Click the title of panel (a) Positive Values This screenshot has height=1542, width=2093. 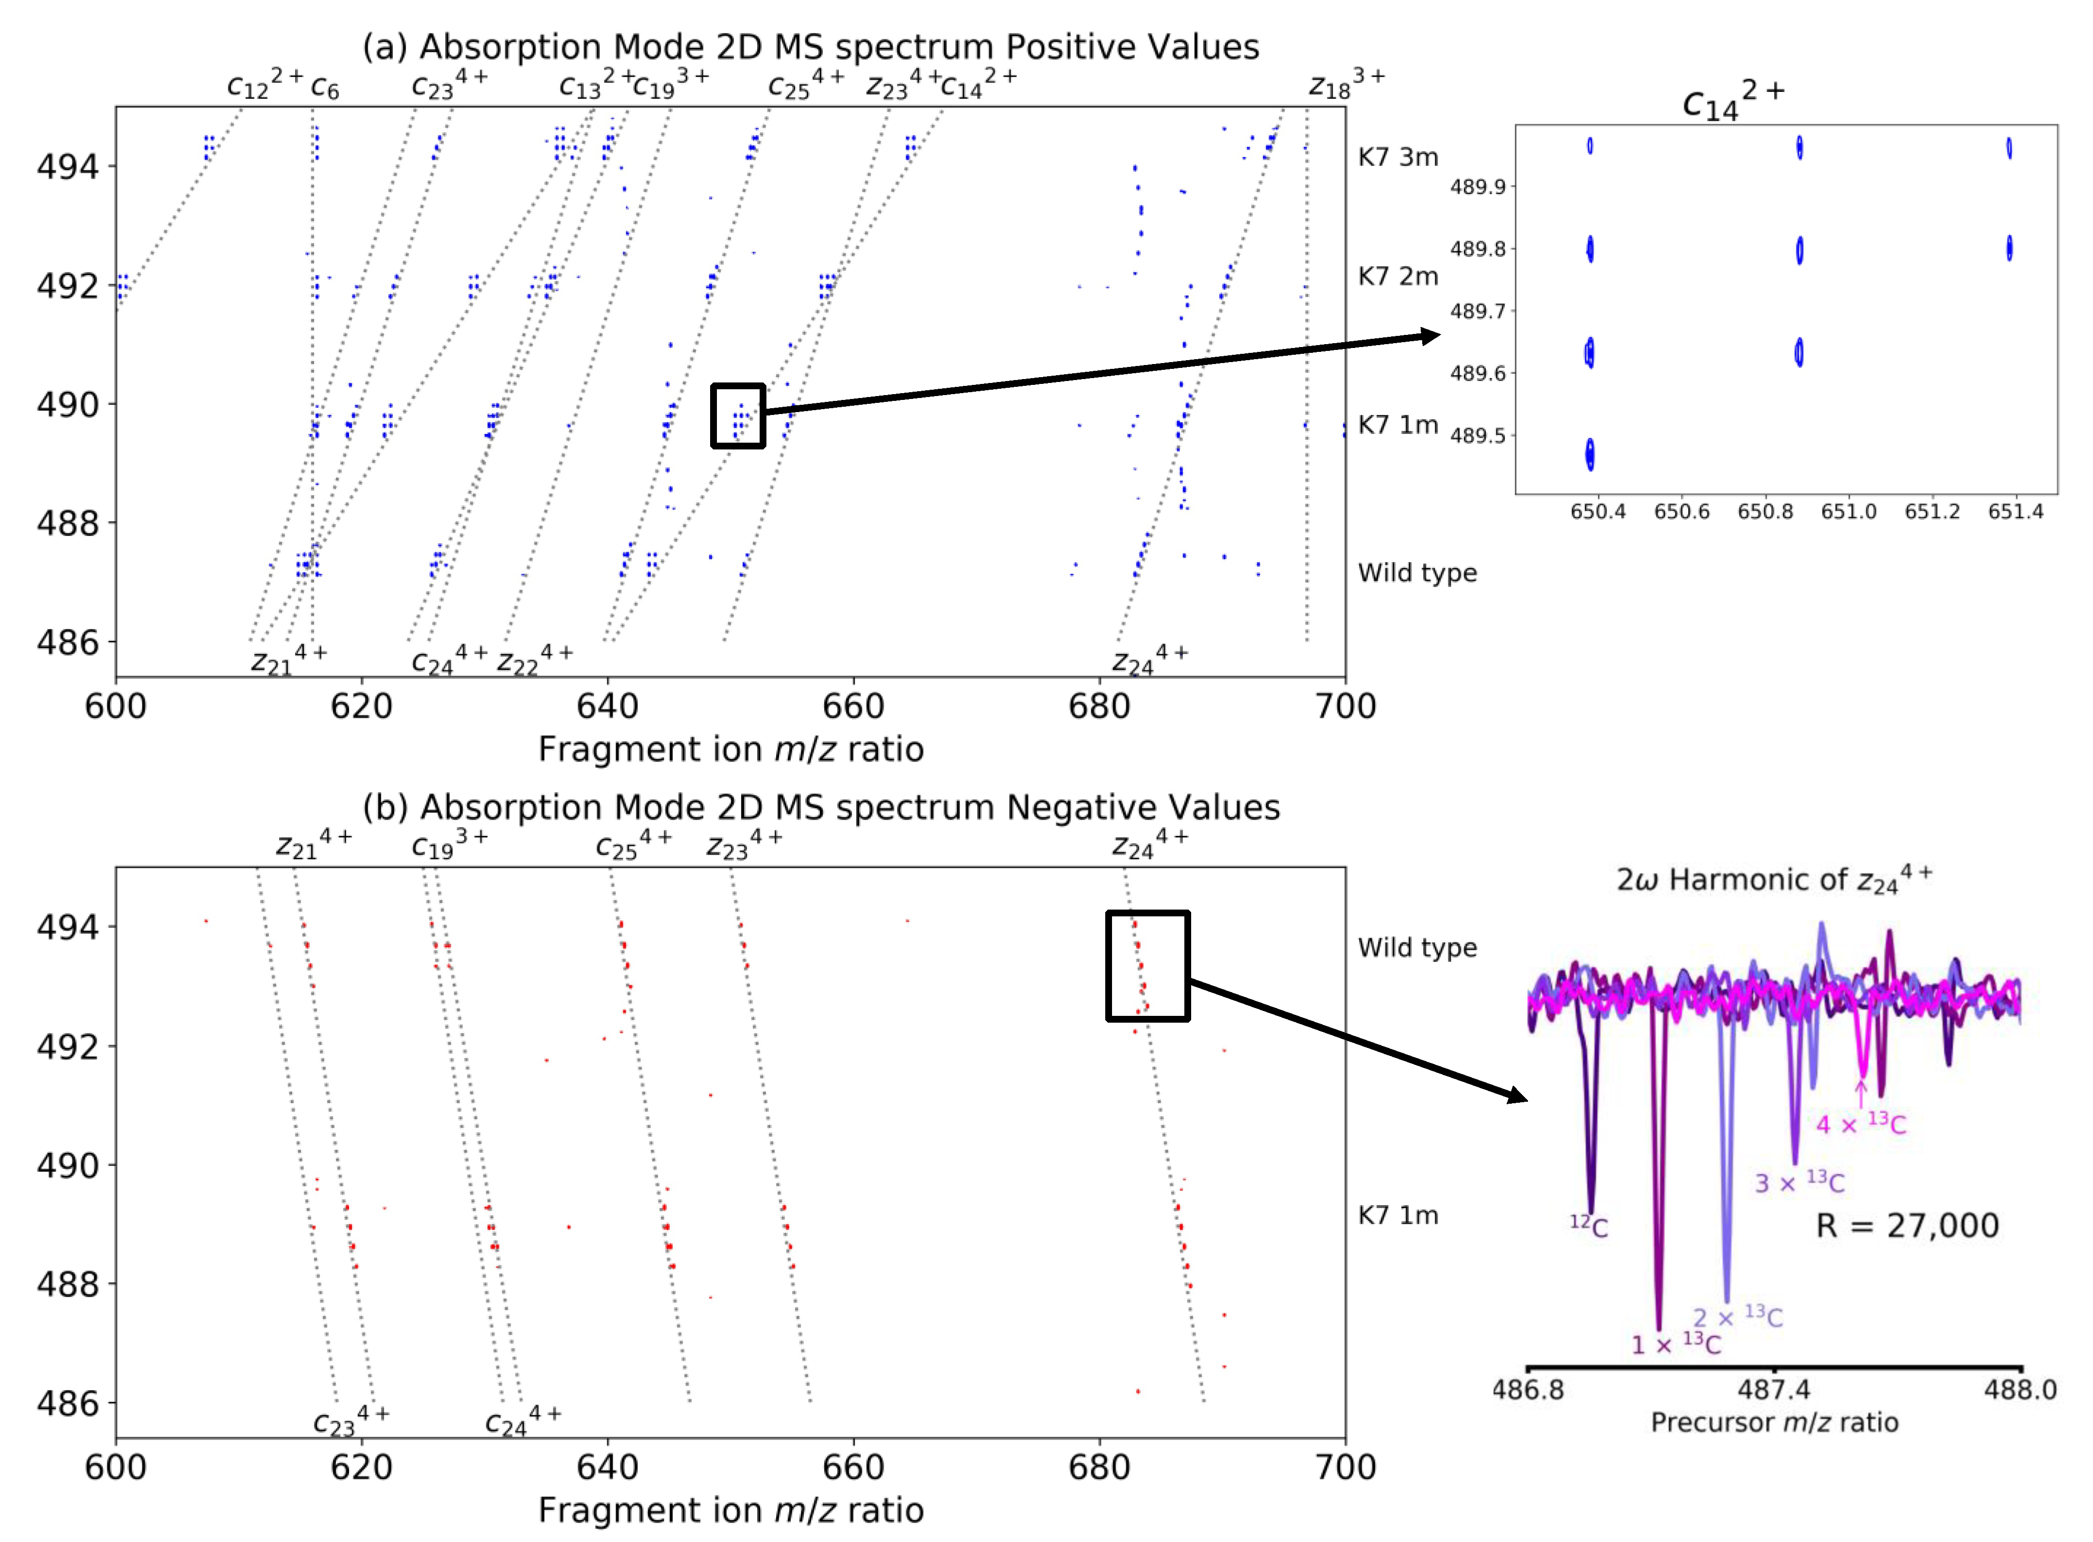[x=810, y=47]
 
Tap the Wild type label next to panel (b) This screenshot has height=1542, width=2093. [x=1416, y=947]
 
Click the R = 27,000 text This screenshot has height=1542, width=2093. [x=1906, y=1226]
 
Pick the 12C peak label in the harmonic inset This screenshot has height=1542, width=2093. [x=1588, y=1226]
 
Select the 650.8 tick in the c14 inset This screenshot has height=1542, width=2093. [x=1764, y=512]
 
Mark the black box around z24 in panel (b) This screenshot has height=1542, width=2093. [x=1147, y=966]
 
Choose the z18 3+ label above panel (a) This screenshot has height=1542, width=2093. [x=1345, y=84]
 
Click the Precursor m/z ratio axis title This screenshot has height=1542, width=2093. [x=1774, y=1423]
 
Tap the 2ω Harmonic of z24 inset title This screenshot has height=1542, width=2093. [x=1774, y=879]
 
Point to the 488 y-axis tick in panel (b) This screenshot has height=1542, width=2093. [x=67, y=1284]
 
